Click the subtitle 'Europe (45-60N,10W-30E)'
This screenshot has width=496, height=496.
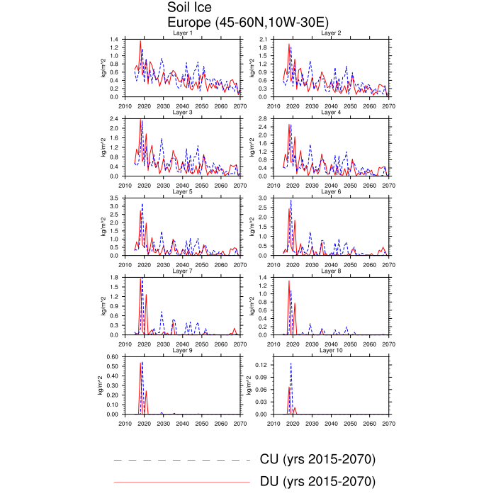[x=238, y=23]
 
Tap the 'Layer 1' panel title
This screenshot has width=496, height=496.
[x=182, y=33]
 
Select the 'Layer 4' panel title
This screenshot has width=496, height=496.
[x=331, y=113]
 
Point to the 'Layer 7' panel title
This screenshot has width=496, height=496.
[x=182, y=271]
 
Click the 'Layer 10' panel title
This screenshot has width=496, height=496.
[x=331, y=351]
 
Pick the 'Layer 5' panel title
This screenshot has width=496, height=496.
[x=182, y=192]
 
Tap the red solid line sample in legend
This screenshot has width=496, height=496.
[x=183, y=482]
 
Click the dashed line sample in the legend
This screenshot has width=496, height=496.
[x=183, y=460]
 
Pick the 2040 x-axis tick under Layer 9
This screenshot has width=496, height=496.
[x=182, y=423]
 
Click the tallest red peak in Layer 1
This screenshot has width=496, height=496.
[x=140, y=42]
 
